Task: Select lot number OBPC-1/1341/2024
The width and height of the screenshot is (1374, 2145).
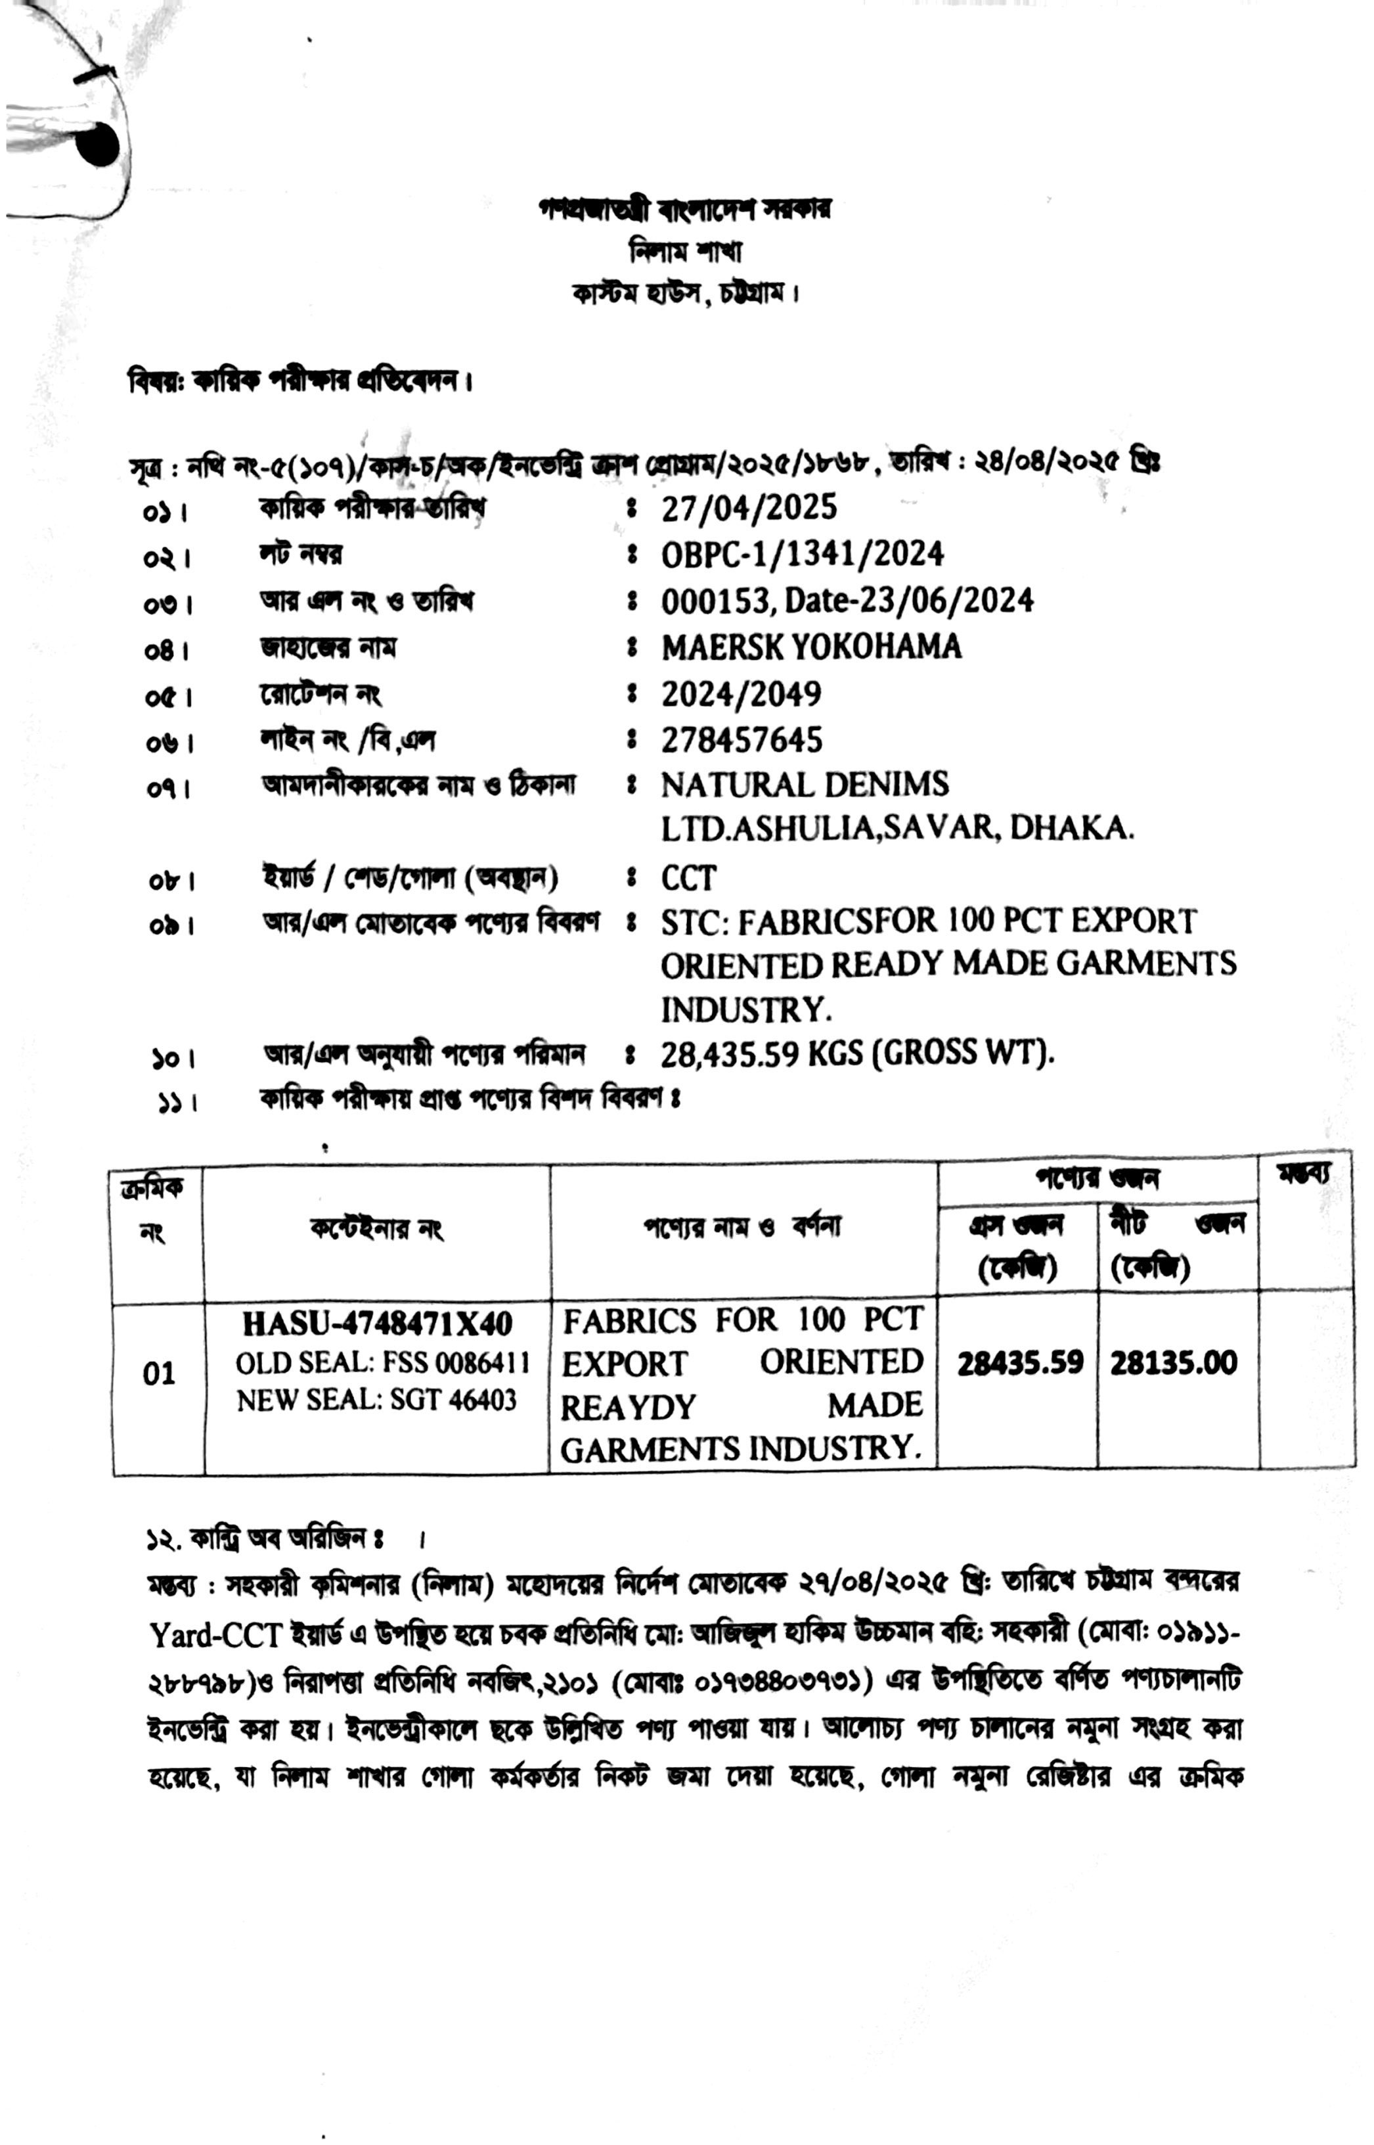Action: [801, 555]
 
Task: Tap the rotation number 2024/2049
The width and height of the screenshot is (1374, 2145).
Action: [741, 693]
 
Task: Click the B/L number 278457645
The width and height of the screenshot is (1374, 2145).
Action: [742, 739]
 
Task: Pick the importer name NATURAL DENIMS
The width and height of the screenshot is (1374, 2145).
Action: [804, 785]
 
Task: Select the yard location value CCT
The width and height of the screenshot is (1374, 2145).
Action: [688, 879]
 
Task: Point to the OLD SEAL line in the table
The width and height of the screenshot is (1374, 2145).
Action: [382, 1363]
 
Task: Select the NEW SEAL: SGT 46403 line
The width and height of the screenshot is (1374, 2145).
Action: [376, 1400]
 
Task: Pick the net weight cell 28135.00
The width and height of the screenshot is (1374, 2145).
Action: [1173, 1363]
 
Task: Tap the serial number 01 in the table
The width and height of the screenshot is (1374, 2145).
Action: [159, 1373]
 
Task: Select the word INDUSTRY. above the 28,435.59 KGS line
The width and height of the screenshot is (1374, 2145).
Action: [745, 1009]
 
